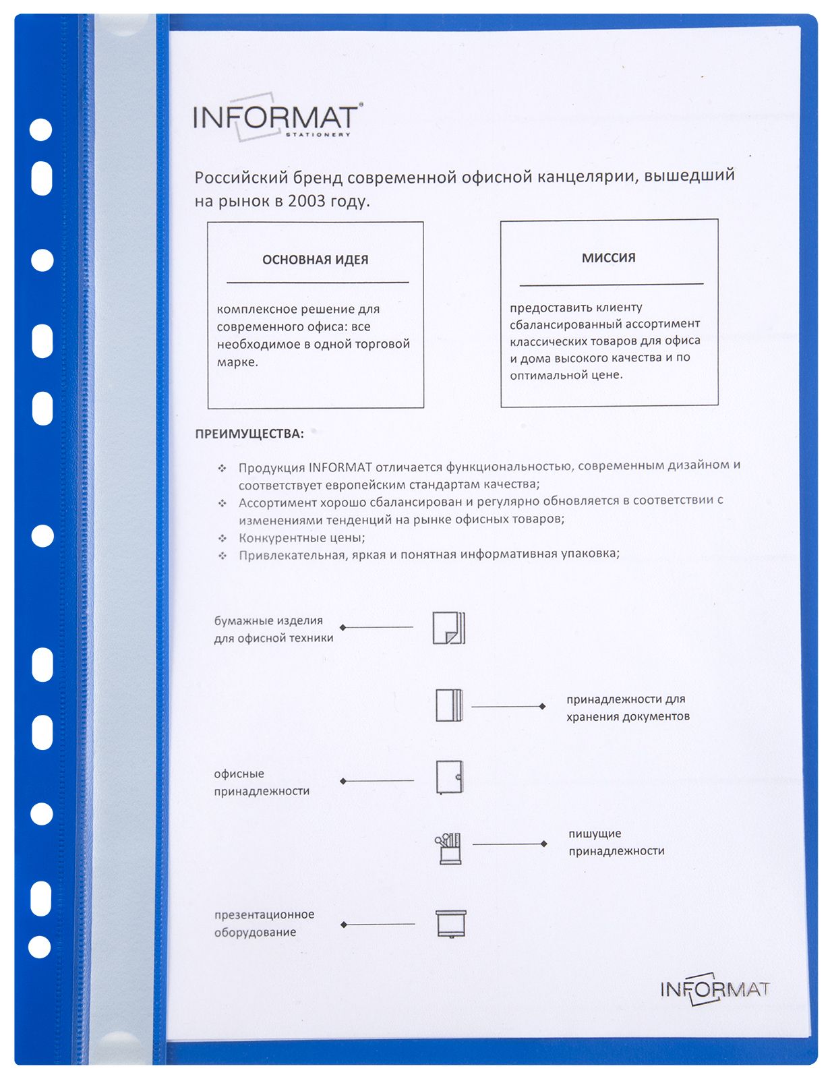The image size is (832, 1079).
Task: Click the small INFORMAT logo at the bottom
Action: pos(715,989)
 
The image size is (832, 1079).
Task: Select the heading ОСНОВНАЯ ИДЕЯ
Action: pos(315,260)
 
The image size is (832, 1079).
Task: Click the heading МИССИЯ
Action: pos(608,258)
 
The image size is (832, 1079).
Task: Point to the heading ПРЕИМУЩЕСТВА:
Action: pos(249,434)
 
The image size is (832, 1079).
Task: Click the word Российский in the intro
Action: pos(241,177)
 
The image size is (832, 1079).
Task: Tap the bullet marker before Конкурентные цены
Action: pos(222,538)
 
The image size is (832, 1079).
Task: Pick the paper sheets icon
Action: pos(448,628)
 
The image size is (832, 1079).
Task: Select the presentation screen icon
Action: pos(450,924)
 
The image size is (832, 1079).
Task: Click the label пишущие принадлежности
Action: pos(616,842)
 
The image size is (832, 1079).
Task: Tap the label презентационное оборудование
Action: pos(264,923)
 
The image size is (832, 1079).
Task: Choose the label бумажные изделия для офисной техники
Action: pos(273,629)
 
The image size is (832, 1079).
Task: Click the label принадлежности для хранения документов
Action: pos(627,707)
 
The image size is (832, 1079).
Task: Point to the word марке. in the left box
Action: pos(237,362)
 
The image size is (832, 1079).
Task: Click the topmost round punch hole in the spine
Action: pos(41,129)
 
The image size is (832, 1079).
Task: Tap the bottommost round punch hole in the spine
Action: pos(40,947)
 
